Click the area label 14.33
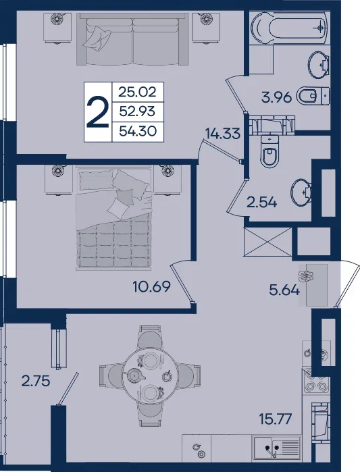pos(223,133)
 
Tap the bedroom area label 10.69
pos(152,286)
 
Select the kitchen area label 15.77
pos(276,419)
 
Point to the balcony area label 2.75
pos(36,382)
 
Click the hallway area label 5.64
pos(284,290)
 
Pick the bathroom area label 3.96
pos(277,97)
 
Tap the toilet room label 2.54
pos(261,203)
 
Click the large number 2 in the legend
pos(97,112)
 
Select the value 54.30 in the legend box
pos(138,131)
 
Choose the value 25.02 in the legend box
pos(138,92)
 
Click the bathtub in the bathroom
pos(289,28)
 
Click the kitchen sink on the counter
pos(277,447)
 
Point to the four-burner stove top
pos(316,380)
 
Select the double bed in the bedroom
pos(114,218)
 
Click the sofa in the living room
pos(132,39)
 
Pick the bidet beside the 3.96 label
pos(313,96)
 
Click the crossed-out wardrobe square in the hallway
pos(267,242)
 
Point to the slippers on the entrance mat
pos(306,275)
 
